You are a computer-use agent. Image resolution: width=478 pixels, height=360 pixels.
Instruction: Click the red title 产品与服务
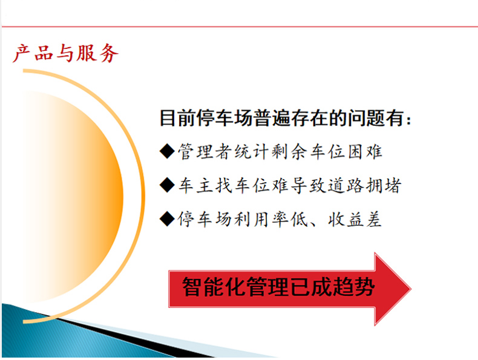click(65, 53)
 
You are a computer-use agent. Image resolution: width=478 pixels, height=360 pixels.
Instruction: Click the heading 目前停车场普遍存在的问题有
click(282, 117)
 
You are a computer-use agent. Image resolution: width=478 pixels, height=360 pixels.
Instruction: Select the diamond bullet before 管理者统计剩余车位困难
click(167, 151)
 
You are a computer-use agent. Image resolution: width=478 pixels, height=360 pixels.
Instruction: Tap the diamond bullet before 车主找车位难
click(167, 185)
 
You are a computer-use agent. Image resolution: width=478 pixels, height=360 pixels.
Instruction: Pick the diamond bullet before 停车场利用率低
click(167, 218)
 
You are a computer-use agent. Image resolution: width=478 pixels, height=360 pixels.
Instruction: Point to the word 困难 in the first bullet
click(365, 151)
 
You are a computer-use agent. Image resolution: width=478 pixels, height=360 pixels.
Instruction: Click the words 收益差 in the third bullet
click(355, 219)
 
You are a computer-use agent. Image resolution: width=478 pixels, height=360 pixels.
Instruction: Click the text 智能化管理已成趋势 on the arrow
click(278, 287)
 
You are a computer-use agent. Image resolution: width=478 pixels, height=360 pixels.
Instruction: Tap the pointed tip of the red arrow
click(411, 289)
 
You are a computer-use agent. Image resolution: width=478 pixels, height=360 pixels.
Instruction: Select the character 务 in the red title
click(108, 53)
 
